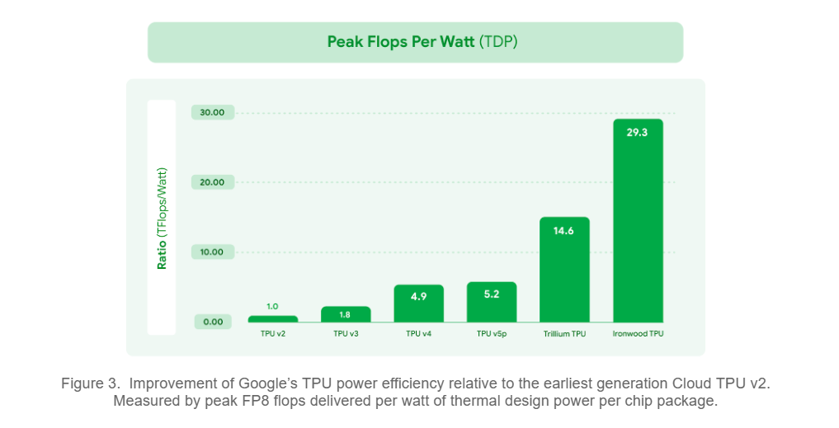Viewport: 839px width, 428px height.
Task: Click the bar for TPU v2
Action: [x=273, y=319]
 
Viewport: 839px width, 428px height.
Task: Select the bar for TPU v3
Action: [x=346, y=314]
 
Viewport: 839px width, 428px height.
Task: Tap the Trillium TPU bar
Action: [x=564, y=270]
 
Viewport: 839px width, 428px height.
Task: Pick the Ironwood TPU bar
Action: [x=638, y=220]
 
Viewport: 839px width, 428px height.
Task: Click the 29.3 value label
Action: [x=637, y=133]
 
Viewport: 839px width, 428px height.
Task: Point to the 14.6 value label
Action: [x=563, y=231]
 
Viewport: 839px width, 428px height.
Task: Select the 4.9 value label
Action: [x=418, y=296]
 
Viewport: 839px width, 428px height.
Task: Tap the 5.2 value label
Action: [x=491, y=294]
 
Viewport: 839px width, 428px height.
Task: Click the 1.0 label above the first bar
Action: [x=272, y=307]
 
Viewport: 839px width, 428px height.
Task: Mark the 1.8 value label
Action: [x=345, y=314]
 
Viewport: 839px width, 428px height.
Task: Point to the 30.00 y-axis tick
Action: [x=212, y=112]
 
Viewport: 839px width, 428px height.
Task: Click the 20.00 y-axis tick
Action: [x=212, y=182]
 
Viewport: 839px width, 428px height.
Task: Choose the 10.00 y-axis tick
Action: [x=212, y=252]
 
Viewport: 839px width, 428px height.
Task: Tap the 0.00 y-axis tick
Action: [x=213, y=322]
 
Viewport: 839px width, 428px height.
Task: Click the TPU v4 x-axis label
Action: [x=418, y=334]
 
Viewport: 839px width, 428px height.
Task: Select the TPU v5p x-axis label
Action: [x=492, y=334]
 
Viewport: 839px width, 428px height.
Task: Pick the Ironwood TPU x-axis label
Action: [x=638, y=334]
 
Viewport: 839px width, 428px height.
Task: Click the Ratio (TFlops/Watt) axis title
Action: [x=162, y=219]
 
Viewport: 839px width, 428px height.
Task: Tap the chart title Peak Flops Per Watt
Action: [x=400, y=42]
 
